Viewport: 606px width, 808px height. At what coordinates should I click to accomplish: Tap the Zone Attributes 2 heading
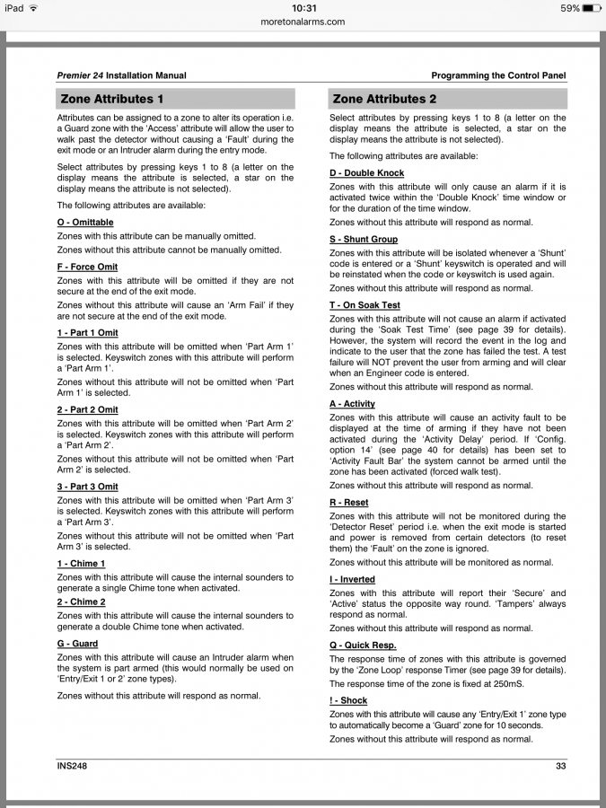384,99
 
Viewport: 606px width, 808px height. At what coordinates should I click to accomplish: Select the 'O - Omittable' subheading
85,221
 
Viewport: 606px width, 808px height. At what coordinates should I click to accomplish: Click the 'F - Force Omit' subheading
87,267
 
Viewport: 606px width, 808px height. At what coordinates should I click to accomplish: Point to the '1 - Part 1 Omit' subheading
87,332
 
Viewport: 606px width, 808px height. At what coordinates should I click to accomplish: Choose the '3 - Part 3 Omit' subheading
87,487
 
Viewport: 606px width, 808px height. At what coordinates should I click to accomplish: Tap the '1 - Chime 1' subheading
81,564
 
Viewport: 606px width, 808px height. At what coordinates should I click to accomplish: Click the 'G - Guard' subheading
77,644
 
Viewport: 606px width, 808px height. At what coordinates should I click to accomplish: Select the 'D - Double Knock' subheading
367,173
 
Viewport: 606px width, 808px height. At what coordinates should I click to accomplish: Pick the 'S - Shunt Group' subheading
364,240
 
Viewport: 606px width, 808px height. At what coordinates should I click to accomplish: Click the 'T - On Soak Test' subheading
364,305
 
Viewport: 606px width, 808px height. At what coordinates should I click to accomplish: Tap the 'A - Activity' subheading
353,404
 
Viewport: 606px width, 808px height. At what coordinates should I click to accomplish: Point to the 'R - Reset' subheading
349,503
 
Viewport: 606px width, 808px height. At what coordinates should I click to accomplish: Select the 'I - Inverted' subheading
353,580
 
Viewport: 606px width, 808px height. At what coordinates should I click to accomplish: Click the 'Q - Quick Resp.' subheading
363,646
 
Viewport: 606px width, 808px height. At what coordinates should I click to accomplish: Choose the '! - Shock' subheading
348,700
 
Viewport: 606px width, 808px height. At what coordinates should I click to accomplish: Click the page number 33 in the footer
560,766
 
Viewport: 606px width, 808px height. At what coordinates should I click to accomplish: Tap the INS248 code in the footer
72,766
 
